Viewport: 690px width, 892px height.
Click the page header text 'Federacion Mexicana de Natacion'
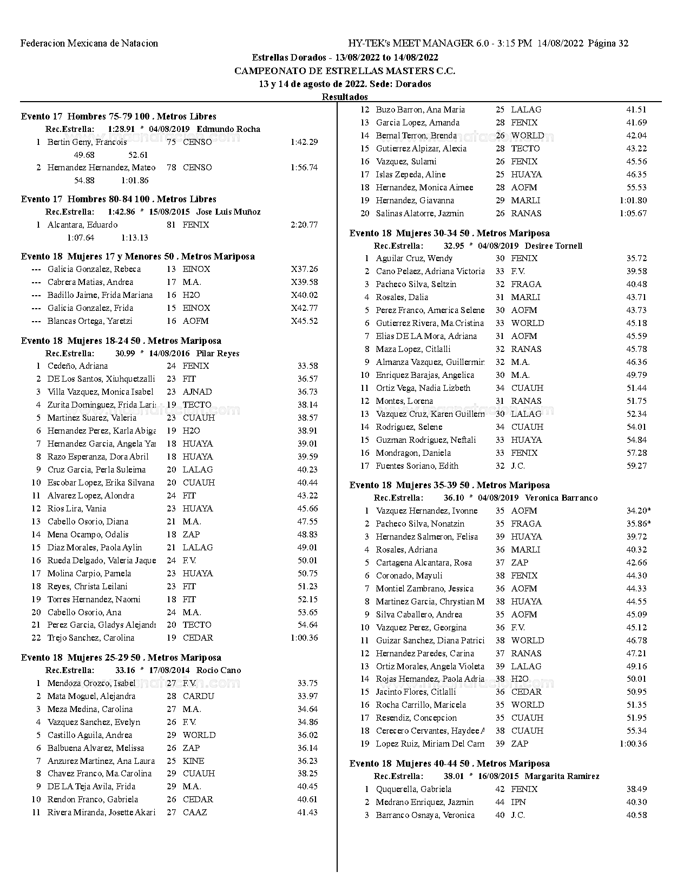(89, 43)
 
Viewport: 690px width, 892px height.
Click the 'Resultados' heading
(345, 97)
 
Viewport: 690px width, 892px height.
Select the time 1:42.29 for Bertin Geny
(304, 142)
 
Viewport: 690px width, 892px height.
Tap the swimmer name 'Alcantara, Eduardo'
(82, 225)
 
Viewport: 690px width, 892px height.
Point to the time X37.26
(304, 269)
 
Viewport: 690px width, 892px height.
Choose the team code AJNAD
(197, 392)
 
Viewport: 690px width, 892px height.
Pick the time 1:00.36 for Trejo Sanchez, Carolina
(304, 638)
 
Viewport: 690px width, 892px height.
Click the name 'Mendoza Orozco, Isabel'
(91, 683)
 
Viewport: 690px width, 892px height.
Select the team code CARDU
(198, 696)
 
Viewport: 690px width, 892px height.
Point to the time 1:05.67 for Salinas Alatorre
(633, 214)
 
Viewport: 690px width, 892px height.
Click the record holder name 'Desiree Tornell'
(554, 246)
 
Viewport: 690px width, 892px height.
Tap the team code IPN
(518, 802)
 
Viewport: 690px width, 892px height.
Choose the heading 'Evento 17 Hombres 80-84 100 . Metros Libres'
(119, 199)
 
